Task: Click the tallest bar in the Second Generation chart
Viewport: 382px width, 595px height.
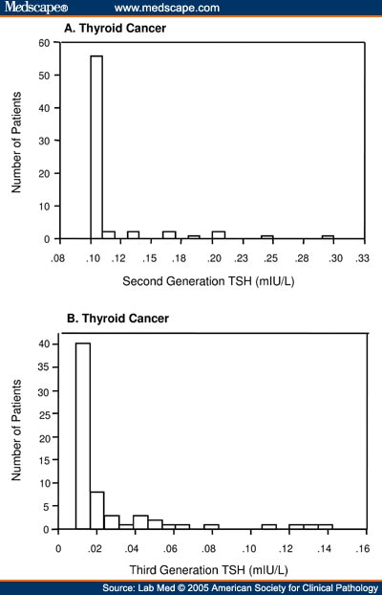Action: tap(95, 146)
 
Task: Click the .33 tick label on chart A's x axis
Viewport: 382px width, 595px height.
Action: tap(362, 257)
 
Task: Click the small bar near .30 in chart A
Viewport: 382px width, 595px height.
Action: tap(328, 236)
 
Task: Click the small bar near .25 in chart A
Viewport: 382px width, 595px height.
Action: tap(267, 236)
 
